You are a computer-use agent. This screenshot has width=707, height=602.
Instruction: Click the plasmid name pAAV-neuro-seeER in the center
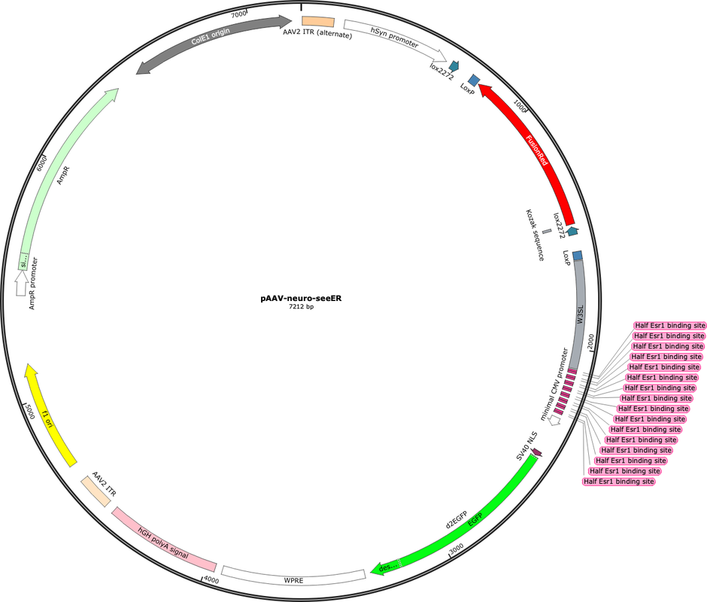tap(301, 298)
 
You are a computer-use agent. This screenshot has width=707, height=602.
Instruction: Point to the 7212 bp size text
tap(301, 307)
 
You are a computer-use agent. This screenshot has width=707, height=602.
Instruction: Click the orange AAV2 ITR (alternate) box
tap(318, 22)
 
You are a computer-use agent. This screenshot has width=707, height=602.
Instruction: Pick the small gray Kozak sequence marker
tap(547, 232)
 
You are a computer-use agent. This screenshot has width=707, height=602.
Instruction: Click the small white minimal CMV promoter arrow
tap(554, 420)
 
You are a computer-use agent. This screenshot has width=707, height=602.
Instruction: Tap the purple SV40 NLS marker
tap(536, 451)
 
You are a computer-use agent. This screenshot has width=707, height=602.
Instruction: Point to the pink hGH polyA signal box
tap(164, 540)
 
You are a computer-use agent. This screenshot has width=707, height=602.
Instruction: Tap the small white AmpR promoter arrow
tap(21, 284)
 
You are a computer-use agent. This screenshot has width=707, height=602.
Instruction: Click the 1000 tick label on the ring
tap(520, 107)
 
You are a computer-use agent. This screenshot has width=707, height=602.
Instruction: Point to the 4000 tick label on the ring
tap(211, 580)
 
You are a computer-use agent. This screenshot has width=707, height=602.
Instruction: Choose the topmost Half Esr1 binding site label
tap(669, 325)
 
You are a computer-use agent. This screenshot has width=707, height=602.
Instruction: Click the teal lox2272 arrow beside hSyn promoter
tap(453, 66)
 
